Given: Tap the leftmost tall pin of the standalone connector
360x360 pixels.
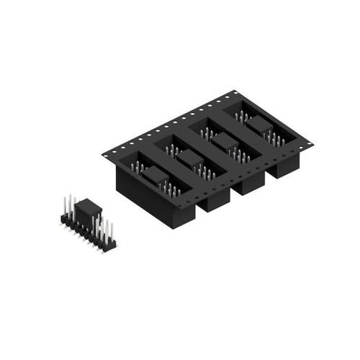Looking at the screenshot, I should click(x=66, y=204).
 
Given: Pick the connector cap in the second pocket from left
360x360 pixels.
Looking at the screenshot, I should click(x=189, y=157).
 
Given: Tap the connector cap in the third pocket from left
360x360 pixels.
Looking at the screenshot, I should click(x=225, y=140).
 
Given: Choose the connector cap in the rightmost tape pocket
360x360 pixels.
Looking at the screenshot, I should click(x=260, y=124).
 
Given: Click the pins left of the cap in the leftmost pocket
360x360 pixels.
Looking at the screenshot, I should click(x=135, y=167).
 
